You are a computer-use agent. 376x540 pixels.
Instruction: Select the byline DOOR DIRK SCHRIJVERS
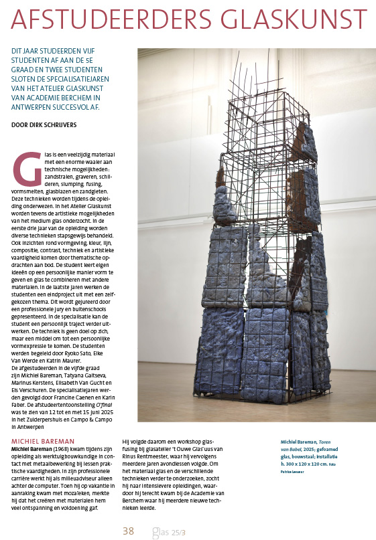[46, 124]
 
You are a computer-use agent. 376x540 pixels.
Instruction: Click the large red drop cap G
[27, 168]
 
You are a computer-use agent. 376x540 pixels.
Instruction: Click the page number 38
[128, 513]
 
